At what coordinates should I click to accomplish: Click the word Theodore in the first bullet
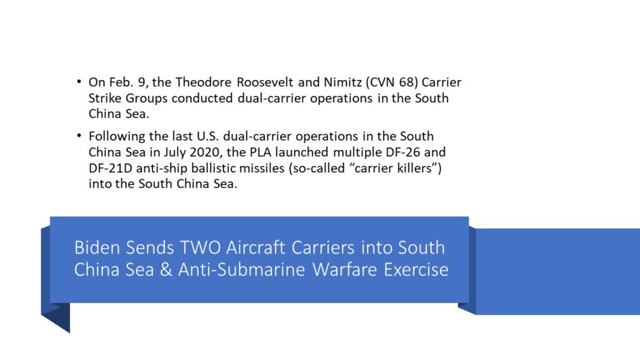(204, 82)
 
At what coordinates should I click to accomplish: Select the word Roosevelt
(265, 82)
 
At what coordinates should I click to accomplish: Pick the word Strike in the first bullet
(105, 98)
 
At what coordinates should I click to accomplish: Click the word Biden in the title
(97, 247)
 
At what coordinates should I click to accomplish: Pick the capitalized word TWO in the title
(201, 247)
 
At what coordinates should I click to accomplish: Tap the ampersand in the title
(166, 269)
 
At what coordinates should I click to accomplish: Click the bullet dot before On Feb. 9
(79, 82)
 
